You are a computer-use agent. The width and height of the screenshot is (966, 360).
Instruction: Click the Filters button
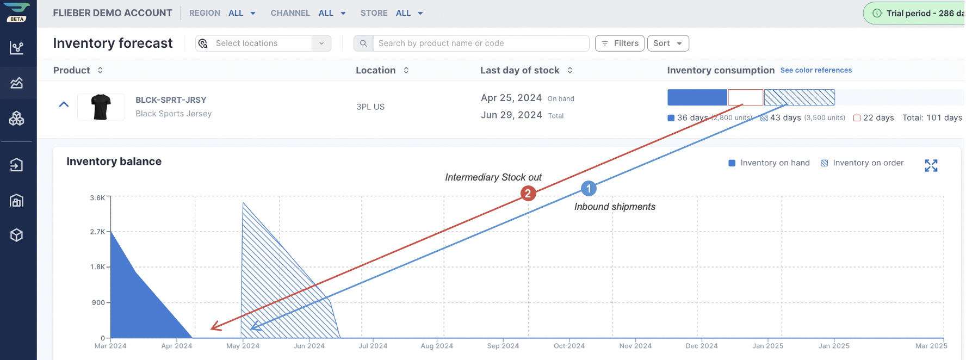click(x=620, y=44)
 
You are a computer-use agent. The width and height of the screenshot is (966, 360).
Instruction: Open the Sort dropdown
click(x=668, y=44)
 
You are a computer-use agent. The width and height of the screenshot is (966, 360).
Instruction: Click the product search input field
click(x=481, y=44)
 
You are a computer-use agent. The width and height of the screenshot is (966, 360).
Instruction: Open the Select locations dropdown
click(x=263, y=44)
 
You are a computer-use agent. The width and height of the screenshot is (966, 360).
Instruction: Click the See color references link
click(x=816, y=70)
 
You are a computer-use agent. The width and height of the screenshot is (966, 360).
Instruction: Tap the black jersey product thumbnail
click(x=101, y=107)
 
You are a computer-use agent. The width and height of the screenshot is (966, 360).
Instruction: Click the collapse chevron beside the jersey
click(x=64, y=104)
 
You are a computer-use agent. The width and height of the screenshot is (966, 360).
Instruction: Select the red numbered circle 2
click(x=528, y=193)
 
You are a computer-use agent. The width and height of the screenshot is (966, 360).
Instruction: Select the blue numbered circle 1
click(x=589, y=189)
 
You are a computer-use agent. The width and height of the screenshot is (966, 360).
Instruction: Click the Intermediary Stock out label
click(x=493, y=177)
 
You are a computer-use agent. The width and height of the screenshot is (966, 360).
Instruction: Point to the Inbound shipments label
click(x=615, y=207)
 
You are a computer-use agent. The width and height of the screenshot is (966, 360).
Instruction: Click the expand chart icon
click(x=931, y=165)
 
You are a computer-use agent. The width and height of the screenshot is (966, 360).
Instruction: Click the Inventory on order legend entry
click(x=862, y=163)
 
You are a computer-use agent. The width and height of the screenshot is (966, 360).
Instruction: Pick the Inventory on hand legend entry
click(x=769, y=163)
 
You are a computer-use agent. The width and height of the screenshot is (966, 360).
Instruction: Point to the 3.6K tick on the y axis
click(x=98, y=198)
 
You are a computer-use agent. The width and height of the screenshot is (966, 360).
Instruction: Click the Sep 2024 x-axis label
click(x=503, y=346)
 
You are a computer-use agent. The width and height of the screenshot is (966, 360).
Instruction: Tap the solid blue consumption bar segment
click(x=697, y=97)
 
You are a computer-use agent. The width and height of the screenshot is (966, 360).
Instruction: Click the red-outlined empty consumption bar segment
click(x=746, y=97)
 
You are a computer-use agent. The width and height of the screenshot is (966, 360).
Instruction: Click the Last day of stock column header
click(x=520, y=70)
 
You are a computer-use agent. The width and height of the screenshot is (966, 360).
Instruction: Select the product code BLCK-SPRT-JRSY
click(x=171, y=100)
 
